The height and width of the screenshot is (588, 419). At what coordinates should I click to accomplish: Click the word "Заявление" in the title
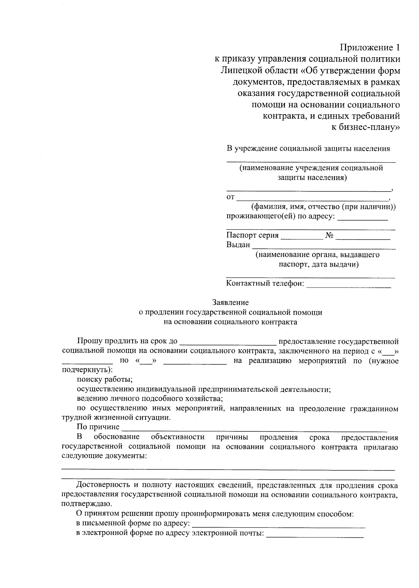tap(230, 302)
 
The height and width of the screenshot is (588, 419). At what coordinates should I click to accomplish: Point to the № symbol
tap(329, 236)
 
